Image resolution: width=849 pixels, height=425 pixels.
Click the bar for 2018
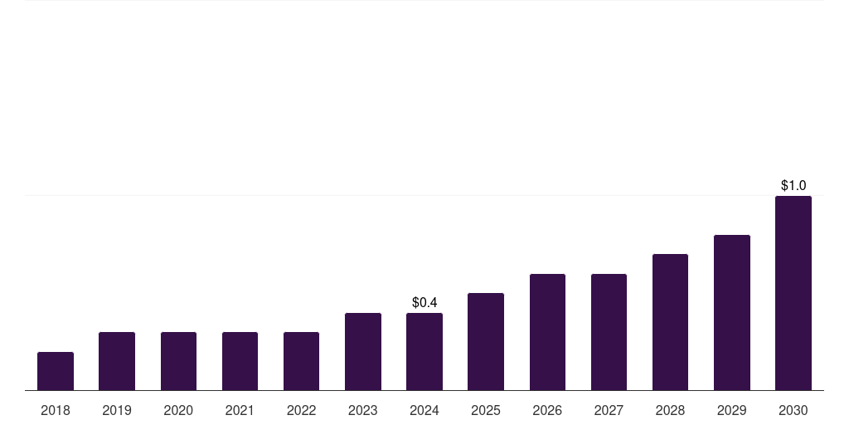tap(56, 371)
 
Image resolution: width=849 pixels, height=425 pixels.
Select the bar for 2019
tap(117, 361)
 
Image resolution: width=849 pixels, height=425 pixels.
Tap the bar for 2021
tap(240, 361)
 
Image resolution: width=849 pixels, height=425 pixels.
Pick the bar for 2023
tap(363, 351)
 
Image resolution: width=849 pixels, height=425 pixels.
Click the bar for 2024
tap(424, 351)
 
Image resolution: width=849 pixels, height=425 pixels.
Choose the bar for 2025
tap(486, 341)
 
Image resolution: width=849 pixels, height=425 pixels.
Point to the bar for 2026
tap(547, 332)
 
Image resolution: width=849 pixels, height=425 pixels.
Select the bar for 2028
tap(670, 322)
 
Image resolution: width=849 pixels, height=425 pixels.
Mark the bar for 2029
tap(732, 312)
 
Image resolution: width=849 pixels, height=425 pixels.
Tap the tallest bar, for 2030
tap(793, 293)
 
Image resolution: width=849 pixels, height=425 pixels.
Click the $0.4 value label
tap(424, 303)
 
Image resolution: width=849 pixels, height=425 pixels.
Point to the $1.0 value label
tap(793, 186)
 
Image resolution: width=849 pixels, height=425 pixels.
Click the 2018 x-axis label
tap(56, 410)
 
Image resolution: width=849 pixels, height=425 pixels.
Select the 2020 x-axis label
tap(178, 410)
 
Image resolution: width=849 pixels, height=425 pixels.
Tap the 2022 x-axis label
tap(301, 410)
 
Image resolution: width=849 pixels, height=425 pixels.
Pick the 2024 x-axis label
tap(424, 410)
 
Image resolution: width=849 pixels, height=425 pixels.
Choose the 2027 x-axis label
tap(609, 410)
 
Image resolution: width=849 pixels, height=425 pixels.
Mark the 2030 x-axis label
tap(793, 410)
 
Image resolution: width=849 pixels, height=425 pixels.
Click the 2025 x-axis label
tap(486, 410)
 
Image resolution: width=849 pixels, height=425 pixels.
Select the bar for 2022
tap(301, 361)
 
